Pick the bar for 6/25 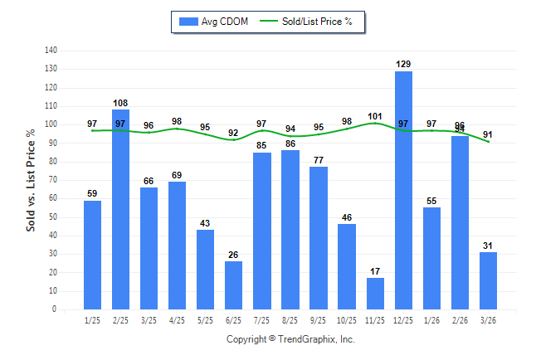point(234,285)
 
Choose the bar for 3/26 point(489,280)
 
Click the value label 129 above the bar point(404,64)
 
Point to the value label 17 point(375,271)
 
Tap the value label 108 point(120,103)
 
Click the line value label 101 point(375,116)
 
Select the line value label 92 point(234,133)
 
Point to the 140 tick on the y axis point(51,51)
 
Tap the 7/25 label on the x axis point(262,319)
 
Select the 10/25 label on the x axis point(347,319)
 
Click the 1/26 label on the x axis point(432,319)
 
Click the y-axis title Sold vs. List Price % point(31,180)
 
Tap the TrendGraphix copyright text point(290,339)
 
